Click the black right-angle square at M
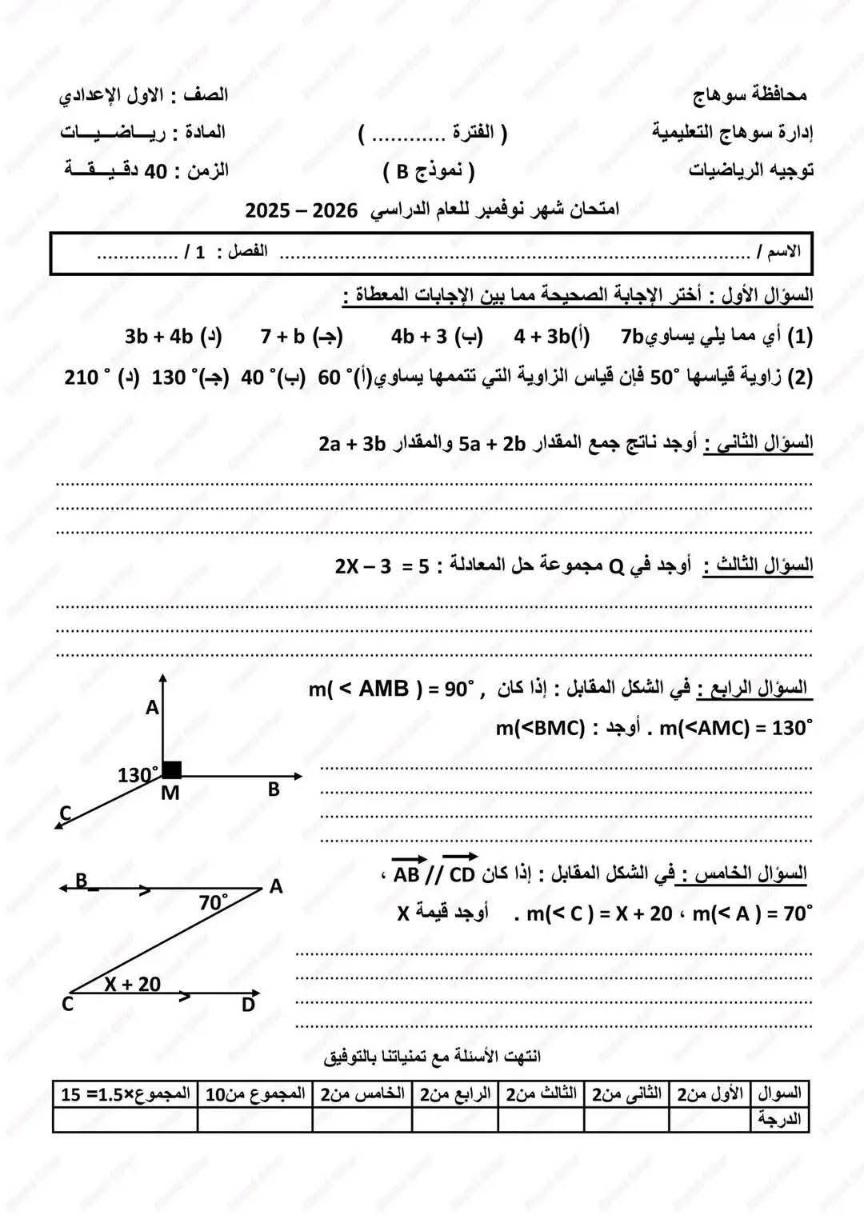point(172,769)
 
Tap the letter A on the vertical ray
point(152,707)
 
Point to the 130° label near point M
point(138,774)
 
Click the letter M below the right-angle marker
point(170,793)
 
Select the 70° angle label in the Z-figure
point(214,902)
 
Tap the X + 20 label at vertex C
point(132,984)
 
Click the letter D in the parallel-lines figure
point(248,1005)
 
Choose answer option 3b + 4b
point(160,336)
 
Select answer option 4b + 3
point(418,336)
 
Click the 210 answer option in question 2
point(82,377)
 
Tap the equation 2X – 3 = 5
point(382,566)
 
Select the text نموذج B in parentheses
point(428,171)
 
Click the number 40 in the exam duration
point(154,170)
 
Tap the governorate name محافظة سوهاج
point(750,95)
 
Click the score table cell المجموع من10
point(255,1093)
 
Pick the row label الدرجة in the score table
point(779,1119)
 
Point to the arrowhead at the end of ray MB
point(298,776)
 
